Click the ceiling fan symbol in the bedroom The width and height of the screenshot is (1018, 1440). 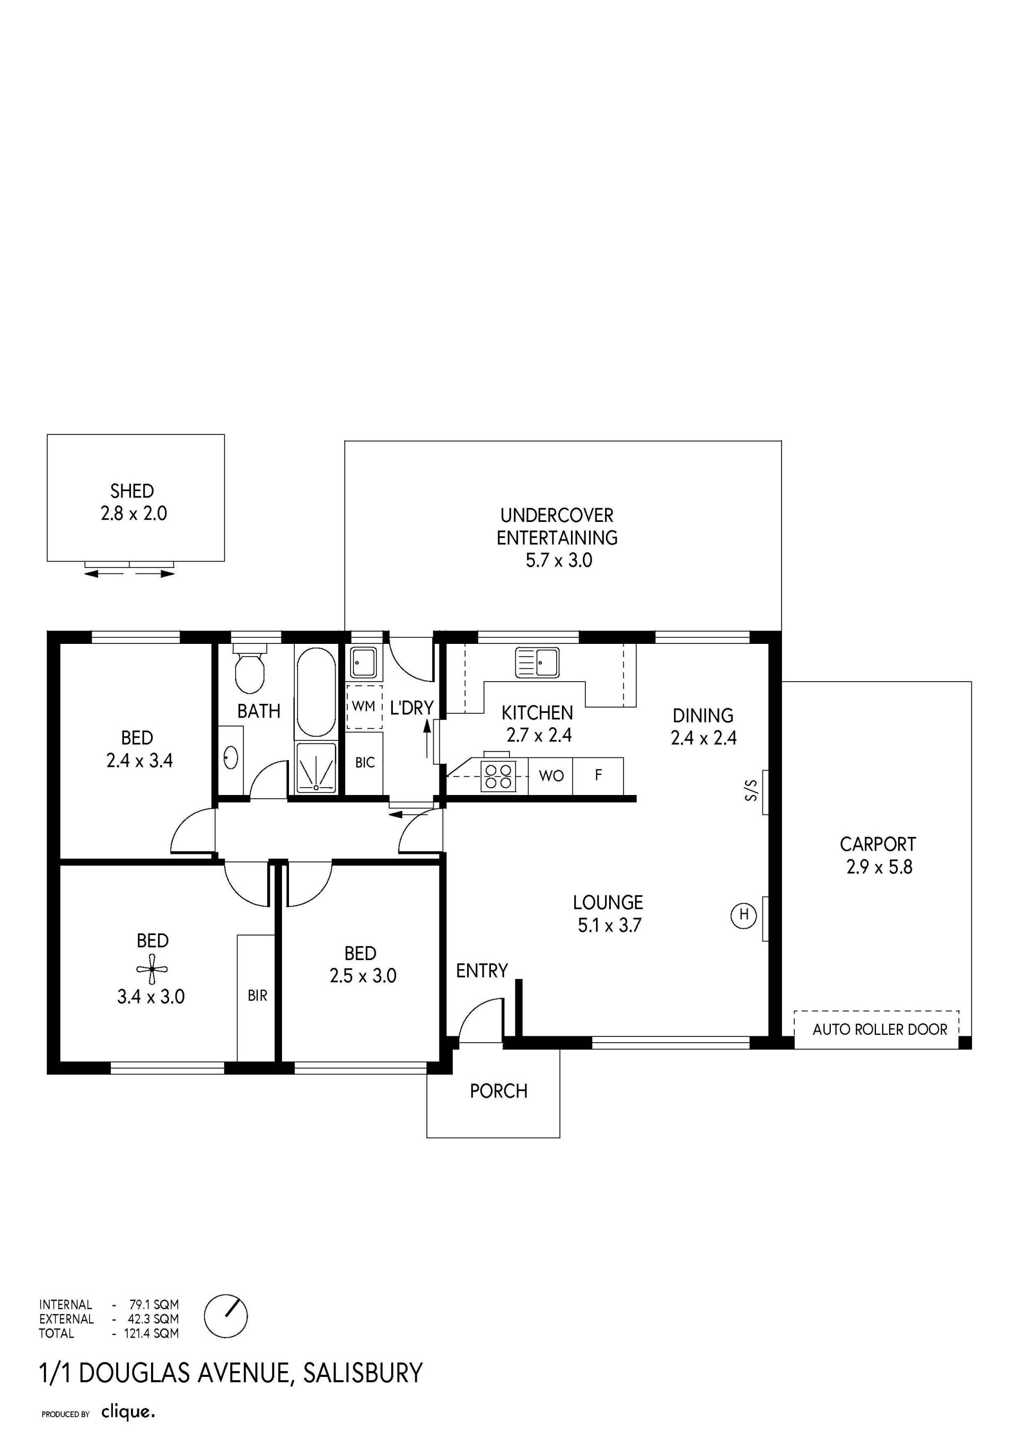[152, 968]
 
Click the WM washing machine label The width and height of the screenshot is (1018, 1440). [364, 706]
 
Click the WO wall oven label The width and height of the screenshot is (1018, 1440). [551, 776]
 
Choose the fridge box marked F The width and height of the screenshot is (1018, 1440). [598, 776]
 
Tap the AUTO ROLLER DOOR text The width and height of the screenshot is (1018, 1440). [880, 1029]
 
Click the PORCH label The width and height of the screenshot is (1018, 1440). [498, 1090]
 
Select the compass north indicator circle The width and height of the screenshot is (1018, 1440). [226, 1316]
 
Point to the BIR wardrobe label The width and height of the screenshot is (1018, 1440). [257, 996]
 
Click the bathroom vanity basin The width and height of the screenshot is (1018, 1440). [230, 757]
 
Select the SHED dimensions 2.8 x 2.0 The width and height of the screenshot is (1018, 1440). [134, 513]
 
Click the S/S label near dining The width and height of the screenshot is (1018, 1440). [751, 790]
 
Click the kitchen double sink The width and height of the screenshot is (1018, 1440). [537, 663]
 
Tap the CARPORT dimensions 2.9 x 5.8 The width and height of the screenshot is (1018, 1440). [879, 867]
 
